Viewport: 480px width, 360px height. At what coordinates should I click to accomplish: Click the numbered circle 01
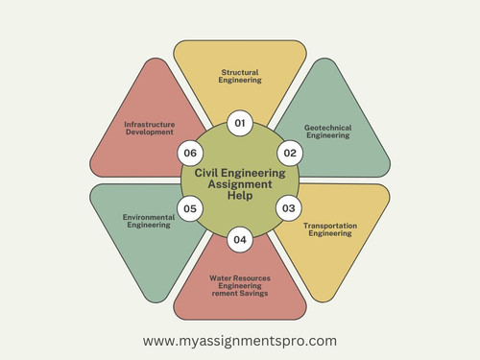click(240, 123)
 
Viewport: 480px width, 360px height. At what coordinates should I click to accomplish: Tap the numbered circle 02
click(288, 152)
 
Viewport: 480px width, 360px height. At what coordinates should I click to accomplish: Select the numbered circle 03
click(288, 207)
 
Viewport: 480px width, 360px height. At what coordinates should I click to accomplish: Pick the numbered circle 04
click(240, 238)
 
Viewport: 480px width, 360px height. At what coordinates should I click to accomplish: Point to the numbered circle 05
click(191, 207)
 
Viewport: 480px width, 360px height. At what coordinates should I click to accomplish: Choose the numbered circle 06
click(191, 152)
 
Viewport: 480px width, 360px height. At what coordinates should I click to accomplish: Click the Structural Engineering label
click(240, 76)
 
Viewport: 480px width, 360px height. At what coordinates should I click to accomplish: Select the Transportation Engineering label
click(330, 230)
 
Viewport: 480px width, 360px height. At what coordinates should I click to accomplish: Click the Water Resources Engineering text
click(240, 281)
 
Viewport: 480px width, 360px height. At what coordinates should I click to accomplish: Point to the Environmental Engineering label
click(149, 222)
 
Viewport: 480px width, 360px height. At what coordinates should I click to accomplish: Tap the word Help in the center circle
click(240, 195)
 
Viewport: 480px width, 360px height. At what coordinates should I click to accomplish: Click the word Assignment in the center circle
click(240, 183)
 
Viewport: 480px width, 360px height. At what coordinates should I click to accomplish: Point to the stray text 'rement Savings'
click(240, 293)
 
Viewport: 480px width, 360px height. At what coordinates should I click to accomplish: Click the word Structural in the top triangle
click(240, 71)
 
